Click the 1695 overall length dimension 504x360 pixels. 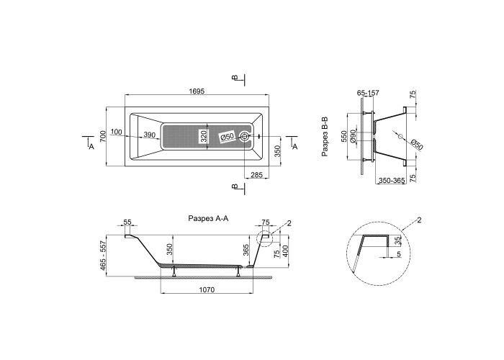[197, 91]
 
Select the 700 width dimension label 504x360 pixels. [103, 137]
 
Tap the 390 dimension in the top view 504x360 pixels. [150, 135]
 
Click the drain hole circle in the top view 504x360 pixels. [245, 136]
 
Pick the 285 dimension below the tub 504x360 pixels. [257, 175]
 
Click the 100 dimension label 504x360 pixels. [116, 132]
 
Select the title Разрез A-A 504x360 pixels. [208, 218]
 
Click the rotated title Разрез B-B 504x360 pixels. [325, 137]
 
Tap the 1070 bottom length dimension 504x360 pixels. [207, 289]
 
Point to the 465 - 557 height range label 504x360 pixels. [103, 255]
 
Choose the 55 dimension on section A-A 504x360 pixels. [127, 222]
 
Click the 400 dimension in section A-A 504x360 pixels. [285, 251]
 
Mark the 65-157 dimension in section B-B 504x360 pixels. [368, 93]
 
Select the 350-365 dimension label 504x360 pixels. [391, 181]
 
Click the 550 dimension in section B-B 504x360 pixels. [344, 137]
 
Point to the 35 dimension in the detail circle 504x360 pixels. [397, 240]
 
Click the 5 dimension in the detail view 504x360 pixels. [399, 254]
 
